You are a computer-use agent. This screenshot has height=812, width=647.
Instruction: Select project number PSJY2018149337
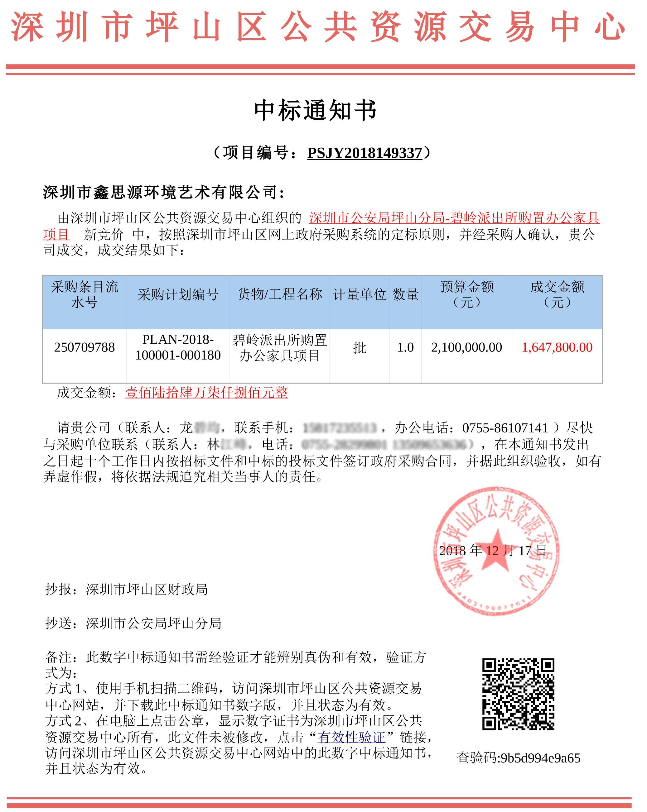[x=365, y=153]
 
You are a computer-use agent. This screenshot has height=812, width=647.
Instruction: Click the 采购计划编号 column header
[x=178, y=294]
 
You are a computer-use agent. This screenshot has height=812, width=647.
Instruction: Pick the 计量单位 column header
[x=360, y=294]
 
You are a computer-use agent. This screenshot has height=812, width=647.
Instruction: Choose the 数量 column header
[x=405, y=294]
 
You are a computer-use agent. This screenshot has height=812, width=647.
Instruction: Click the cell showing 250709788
[x=84, y=347]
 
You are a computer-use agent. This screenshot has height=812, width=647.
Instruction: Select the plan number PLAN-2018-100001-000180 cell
[x=178, y=347]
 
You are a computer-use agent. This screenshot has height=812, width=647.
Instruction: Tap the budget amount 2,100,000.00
[x=466, y=347]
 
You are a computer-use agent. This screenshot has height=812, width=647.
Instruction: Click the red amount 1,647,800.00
[x=557, y=347]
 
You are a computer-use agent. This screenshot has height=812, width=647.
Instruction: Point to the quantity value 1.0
[x=405, y=347]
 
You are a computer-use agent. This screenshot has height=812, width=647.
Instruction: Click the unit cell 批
[x=360, y=347]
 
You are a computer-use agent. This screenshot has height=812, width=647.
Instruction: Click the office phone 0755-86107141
[x=505, y=428]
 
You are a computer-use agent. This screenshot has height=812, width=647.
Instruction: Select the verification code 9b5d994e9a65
[x=540, y=758]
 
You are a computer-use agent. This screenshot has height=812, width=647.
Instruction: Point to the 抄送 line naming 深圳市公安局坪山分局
[x=133, y=623]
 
